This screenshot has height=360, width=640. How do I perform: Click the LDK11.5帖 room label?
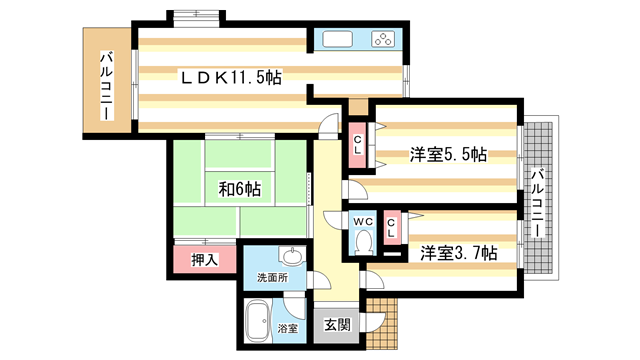229,77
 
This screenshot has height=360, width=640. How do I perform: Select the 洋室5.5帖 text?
447,155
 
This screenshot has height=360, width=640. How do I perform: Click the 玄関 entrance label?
337,323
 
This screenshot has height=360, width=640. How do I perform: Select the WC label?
362,221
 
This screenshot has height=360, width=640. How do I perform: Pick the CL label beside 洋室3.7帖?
393,227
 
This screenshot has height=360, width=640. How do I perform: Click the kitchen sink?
336,41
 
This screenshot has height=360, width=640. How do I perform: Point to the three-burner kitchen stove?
383,41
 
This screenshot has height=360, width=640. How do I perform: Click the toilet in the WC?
363,240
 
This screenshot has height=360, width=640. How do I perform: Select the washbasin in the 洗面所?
291,254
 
